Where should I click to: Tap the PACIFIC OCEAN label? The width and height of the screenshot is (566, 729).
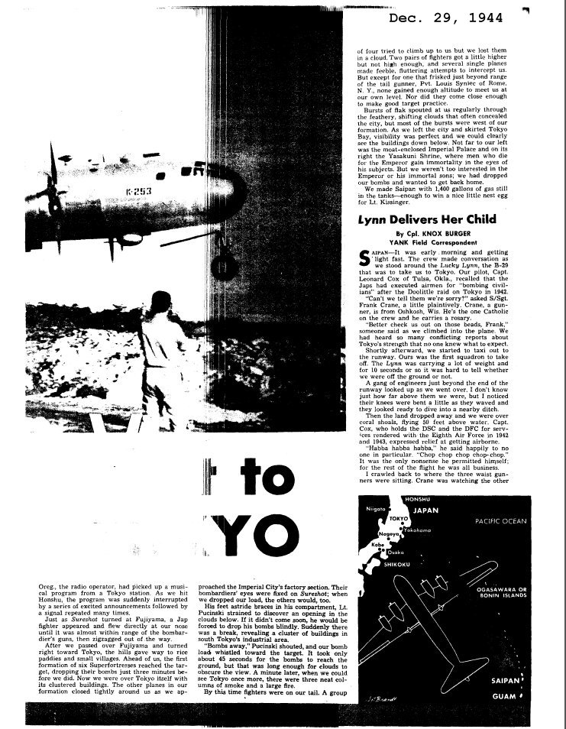tap(500, 521)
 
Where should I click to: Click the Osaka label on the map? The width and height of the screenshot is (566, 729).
tap(396, 552)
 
